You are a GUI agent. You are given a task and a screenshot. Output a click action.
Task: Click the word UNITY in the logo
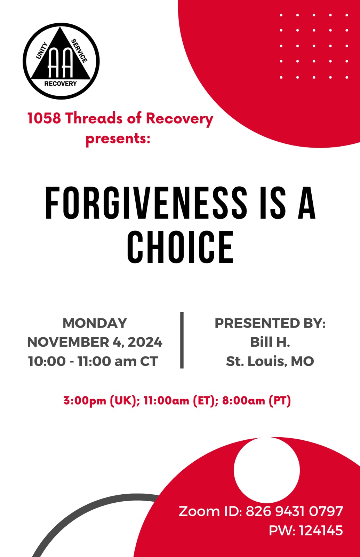42,50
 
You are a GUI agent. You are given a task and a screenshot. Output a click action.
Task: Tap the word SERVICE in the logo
79,51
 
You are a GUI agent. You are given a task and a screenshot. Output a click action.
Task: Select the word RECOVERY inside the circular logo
61,84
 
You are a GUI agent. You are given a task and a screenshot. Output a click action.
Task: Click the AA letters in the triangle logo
61,62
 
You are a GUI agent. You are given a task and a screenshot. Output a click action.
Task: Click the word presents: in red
118,139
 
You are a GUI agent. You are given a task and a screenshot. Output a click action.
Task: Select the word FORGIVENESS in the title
146,203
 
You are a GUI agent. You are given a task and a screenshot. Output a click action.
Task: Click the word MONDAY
95,323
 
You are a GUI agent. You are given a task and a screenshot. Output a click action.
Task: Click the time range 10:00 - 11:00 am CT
93,361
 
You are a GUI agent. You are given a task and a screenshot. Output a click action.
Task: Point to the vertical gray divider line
182,340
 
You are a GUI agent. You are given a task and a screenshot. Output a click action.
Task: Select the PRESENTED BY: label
270,323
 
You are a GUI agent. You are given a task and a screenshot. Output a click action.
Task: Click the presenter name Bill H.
270,342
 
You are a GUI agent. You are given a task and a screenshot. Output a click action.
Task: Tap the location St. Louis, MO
270,361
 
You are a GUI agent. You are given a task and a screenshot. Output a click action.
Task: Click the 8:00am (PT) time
256,401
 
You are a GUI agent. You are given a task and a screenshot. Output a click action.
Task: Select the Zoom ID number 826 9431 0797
294,511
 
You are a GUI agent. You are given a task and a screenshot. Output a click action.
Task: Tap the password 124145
321,531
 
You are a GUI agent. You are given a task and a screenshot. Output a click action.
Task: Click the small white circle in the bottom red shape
266,470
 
